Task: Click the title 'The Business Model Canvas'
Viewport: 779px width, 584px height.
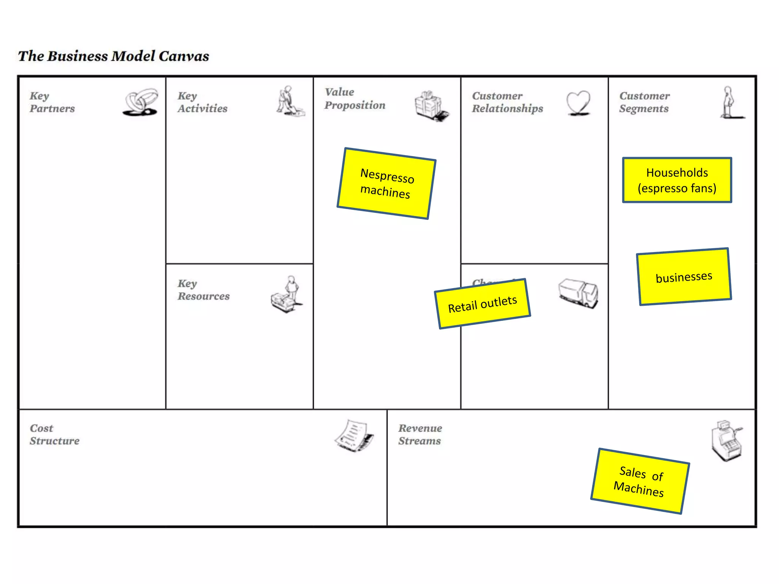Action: [113, 56]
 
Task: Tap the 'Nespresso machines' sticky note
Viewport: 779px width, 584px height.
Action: [386, 183]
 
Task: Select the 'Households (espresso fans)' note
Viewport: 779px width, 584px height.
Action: [677, 180]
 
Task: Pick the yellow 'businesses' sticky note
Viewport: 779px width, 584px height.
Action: [684, 276]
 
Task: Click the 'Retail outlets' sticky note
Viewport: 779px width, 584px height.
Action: [482, 304]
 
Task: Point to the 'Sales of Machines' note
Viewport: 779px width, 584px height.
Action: [640, 481]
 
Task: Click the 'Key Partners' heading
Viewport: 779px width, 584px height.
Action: [52, 102]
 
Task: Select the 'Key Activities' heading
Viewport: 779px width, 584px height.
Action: [202, 102]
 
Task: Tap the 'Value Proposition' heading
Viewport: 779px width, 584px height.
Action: [355, 99]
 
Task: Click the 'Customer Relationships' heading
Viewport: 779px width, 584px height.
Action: [507, 102]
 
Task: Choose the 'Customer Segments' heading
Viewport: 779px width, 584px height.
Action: [644, 102]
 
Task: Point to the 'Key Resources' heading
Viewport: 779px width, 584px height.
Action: [203, 290]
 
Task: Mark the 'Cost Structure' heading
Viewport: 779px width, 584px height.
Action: [54, 435]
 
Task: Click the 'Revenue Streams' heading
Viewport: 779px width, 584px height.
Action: [420, 435]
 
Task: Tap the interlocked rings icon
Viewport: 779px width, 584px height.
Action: [141, 102]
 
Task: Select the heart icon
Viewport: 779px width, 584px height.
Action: [578, 103]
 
